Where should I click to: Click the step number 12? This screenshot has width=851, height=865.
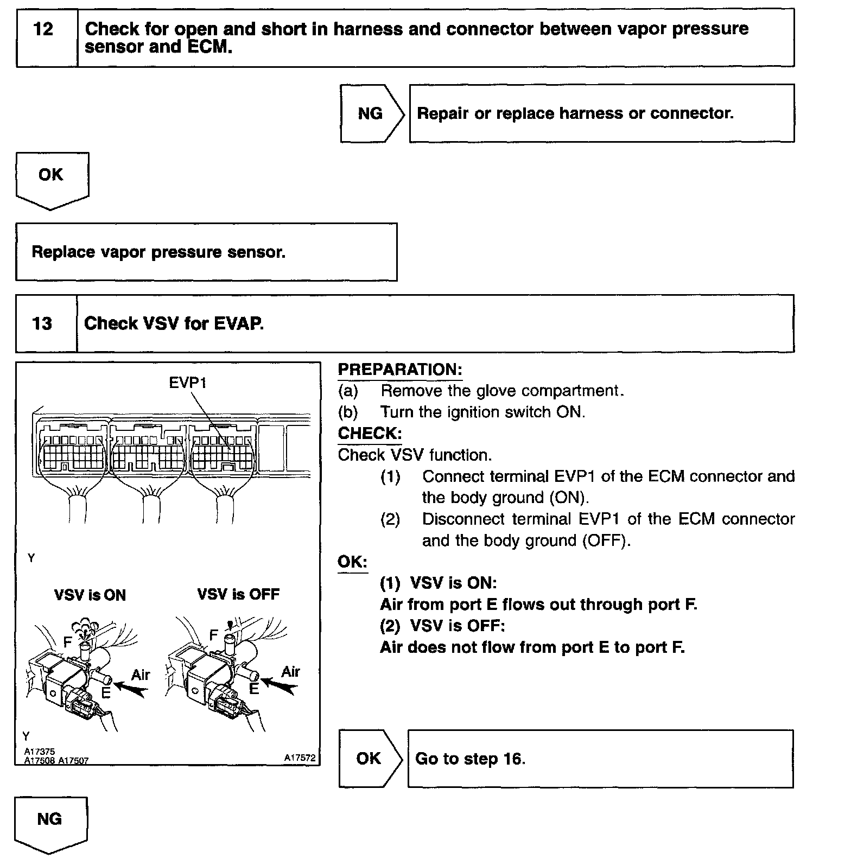pos(43,29)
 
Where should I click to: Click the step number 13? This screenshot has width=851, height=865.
pos(42,323)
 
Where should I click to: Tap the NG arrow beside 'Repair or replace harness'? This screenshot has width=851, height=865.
pos(371,113)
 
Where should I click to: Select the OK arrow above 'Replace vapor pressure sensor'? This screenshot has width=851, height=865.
pos(50,175)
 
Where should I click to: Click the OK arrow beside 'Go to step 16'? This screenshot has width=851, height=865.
pos(369,758)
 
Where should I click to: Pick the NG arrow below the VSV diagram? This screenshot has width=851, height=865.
pos(49,819)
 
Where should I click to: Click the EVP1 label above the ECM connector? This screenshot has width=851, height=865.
pos(188,383)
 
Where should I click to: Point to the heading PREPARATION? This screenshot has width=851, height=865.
pos(400,370)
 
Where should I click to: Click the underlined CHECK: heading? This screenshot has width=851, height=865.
pos(370,434)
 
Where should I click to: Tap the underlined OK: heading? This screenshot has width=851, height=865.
pos(352,562)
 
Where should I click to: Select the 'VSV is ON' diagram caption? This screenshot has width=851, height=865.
pos(90,595)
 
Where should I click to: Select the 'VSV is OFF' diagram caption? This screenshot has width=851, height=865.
pos(238,594)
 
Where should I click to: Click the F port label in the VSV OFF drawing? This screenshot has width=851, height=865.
pos(214,635)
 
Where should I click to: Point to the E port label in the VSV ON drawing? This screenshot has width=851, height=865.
pos(106,693)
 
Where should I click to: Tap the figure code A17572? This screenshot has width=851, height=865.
pos(300,758)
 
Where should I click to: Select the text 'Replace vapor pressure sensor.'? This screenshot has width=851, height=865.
pos(158,252)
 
